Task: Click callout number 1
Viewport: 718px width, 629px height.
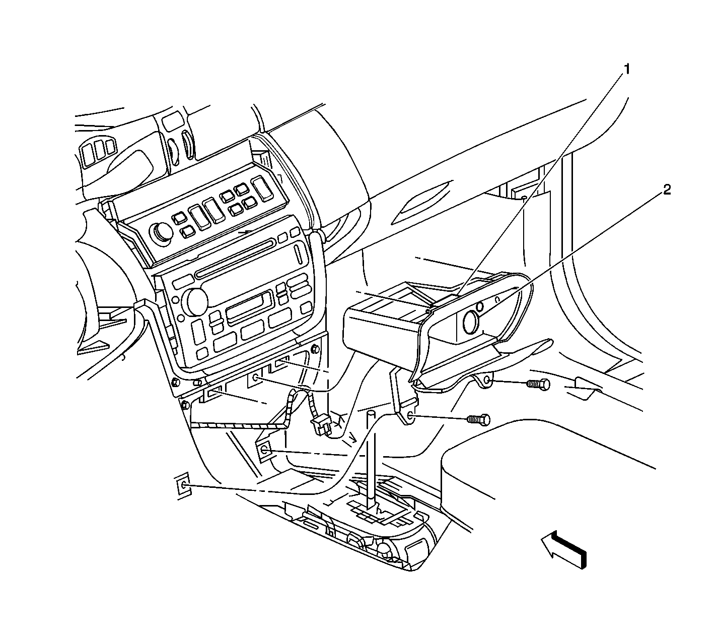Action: [x=626, y=69]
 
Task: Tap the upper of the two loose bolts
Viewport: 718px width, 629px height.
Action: [x=538, y=384]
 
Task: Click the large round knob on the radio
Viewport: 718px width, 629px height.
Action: [x=197, y=301]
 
